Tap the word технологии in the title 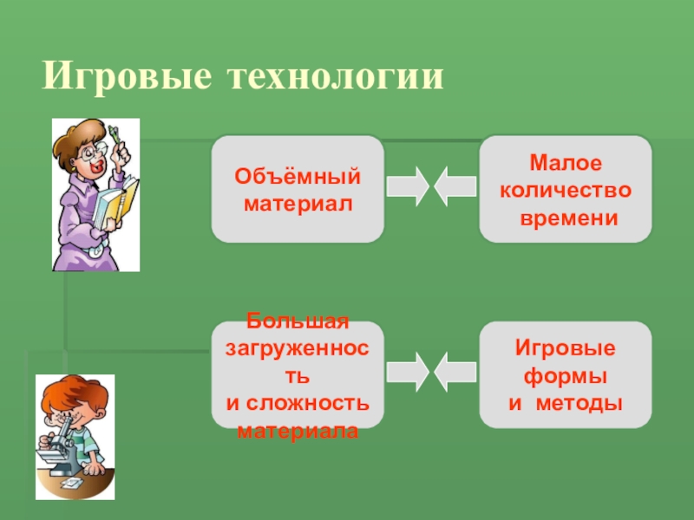click(336, 76)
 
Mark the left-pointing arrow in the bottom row click(455, 371)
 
